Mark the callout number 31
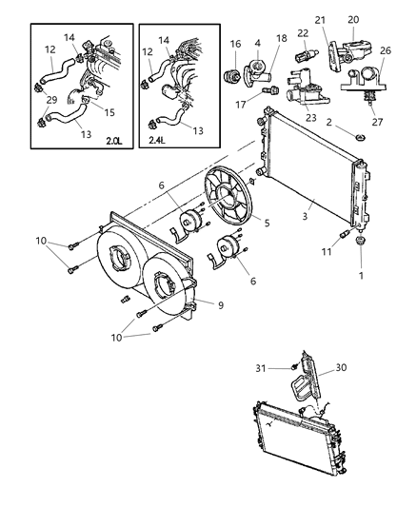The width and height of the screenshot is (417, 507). click(286, 368)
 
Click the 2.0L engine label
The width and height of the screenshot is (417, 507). click(113, 142)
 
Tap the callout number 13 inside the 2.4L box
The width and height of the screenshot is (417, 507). click(196, 129)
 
